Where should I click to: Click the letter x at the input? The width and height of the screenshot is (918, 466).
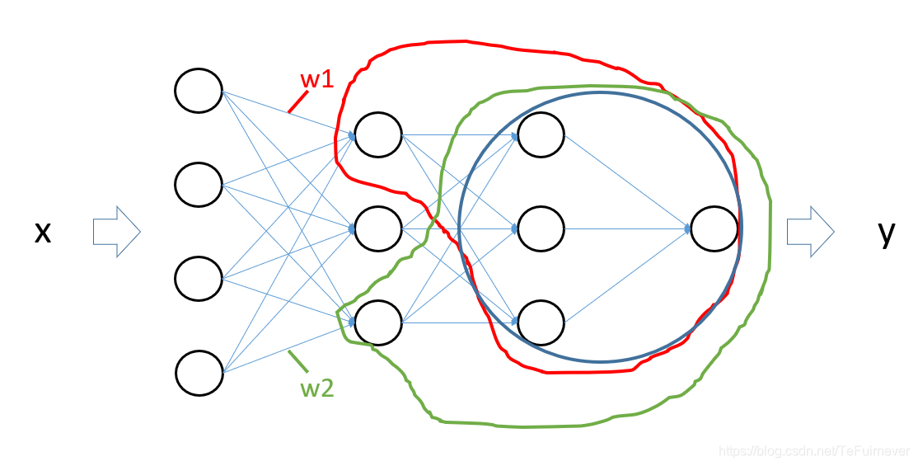click(x=43, y=233)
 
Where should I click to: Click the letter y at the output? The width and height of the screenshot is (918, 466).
click(x=886, y=233)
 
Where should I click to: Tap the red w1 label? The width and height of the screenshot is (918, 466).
click(x=316, y=80)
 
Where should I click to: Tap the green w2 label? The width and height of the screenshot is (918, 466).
click(x=317, y=388)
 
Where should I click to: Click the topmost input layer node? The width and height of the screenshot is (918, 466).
click(x=199, y=91)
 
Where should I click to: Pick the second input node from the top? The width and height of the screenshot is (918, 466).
click(x=199, y=184)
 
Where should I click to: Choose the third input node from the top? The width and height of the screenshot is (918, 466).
click(x=199, y=279)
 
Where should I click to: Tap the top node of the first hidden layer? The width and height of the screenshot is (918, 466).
click(x=377, y=134)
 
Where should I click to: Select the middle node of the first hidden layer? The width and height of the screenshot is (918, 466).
click(x=377, y=227)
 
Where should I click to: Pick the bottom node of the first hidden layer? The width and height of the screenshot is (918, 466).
click(x=377, y=322)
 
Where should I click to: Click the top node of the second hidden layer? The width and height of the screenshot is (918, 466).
click(x=541, y=134)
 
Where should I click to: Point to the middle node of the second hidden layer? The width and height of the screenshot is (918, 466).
click(x=541, y=228)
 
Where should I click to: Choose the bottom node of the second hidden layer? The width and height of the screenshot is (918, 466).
click(x=541, y=322)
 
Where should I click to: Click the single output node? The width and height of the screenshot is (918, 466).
click(x=715, y=228)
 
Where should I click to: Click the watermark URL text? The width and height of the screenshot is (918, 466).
click(x=813, y=451)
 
